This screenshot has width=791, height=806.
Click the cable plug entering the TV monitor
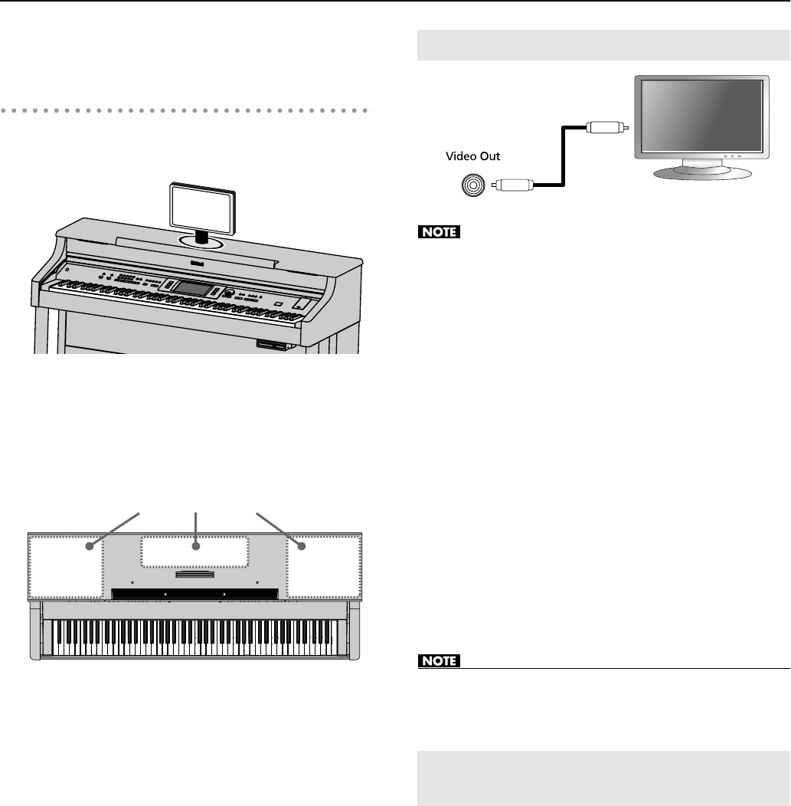point(605,127)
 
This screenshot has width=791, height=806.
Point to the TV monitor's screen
point(699,116)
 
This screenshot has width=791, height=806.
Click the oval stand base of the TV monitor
point(700,172)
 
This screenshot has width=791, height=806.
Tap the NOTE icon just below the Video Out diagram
point(440,233)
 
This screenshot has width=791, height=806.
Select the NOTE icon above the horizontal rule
point(440,660)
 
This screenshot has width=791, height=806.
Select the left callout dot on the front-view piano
point(90,546)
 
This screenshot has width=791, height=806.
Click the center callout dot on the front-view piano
point(197,546)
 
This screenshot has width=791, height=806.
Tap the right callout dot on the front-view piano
point(301,546)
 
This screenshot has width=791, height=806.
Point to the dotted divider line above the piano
point(188,110)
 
